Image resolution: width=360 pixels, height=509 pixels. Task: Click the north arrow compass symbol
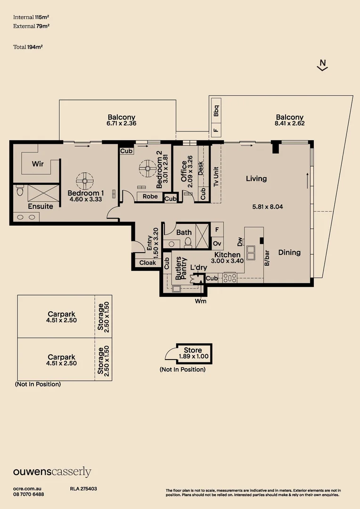[x=322, y=65]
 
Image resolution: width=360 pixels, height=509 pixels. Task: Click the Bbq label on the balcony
[x=216, y=111]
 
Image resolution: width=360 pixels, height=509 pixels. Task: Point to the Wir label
[x=38, y=164]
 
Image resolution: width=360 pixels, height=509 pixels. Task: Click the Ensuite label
[x=41, y=206]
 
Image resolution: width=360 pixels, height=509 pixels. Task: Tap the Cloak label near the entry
[x=147, y=263]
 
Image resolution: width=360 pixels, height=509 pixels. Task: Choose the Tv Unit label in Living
[x=216, y=177]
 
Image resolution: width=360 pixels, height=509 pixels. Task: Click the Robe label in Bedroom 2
[x=150, y=197]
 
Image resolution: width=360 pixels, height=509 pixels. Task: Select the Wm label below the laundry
[x=200, y=301]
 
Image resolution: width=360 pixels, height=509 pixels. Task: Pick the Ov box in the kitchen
[x=217, y=243]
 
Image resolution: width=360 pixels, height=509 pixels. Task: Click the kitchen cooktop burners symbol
[x=230, y=278]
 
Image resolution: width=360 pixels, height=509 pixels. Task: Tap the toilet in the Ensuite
[x=20, y=191]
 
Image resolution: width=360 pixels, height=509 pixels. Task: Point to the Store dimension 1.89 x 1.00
[x=193, y=357]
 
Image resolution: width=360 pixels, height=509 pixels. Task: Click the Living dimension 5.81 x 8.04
[x=268, y=206]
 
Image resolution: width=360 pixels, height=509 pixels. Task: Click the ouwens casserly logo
[x=52, y=472]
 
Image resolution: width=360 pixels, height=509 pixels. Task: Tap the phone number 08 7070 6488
[x=29, y=494]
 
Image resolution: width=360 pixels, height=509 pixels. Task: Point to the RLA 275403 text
[x=83, y=489]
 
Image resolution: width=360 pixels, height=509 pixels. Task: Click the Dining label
[x=289, y=253]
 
